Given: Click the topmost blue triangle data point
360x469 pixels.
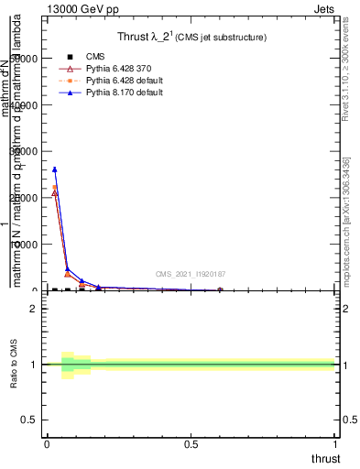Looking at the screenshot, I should [x=55, y=169].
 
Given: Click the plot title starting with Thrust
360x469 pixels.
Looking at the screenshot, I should [x=191, y=38].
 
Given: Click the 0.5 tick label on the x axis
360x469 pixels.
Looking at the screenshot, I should [x=191, y=444].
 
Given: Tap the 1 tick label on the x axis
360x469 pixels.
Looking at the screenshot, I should [x=337, y=444].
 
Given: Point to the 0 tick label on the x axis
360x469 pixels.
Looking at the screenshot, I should [x=47, y=444].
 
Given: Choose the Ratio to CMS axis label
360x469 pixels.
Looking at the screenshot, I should [x=13, y=365].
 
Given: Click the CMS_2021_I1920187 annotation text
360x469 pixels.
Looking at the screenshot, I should [x=191, y=274].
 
